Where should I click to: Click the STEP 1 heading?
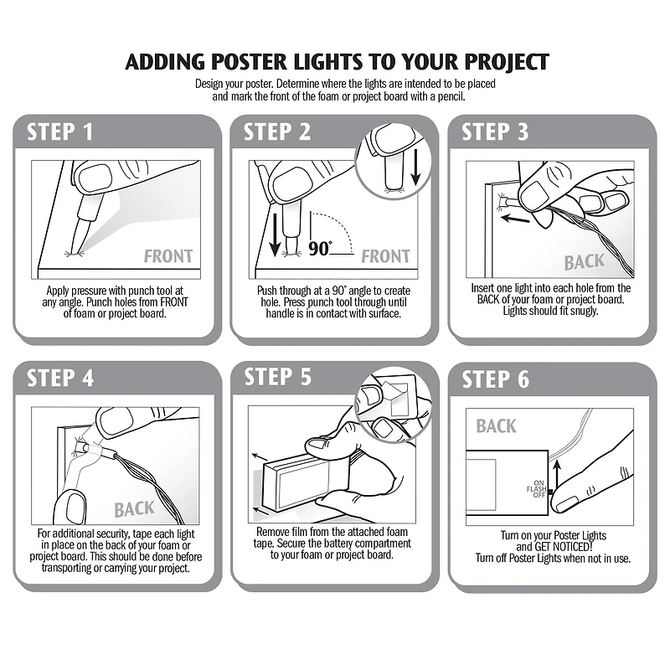click(x=59, y=132)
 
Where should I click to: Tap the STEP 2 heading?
click(x=277, y=132)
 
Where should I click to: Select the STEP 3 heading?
click(x=495, y=132)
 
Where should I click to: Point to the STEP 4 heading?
click(x=59, y=378)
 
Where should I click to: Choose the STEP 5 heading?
click(x=277, y=378)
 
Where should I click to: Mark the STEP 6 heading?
click(x=495, y=379)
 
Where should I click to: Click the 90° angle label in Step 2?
click(x=320, y=249)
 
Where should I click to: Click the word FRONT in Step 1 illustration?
click(x=167, y=256)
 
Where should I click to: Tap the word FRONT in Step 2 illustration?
click(x=385, y=256)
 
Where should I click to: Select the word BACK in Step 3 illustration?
click(x=584, y=262)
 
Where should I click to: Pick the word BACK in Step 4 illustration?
click(x=134, y=508)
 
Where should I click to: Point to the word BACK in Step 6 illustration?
click(x=496, y=426)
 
